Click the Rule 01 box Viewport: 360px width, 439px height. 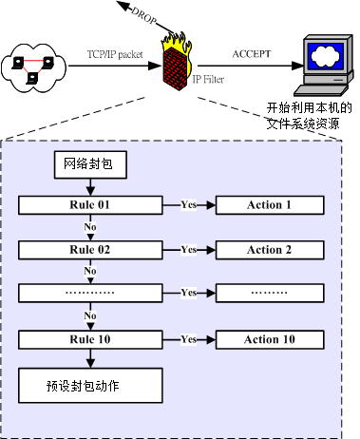[x=90, y=204]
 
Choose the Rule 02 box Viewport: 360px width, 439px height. [x=90, y=249]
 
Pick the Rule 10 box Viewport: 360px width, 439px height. [x=90, y=339]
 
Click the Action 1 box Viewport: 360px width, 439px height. [x=269, y=204]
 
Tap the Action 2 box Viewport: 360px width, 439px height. [x=269, y=249]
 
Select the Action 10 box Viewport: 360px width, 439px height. [x=269, y=339]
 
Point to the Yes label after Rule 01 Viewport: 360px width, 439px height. [x=188, y=204]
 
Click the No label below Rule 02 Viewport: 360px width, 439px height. [x=90, y=271]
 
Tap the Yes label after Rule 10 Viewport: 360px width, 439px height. [x=188, y=339]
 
